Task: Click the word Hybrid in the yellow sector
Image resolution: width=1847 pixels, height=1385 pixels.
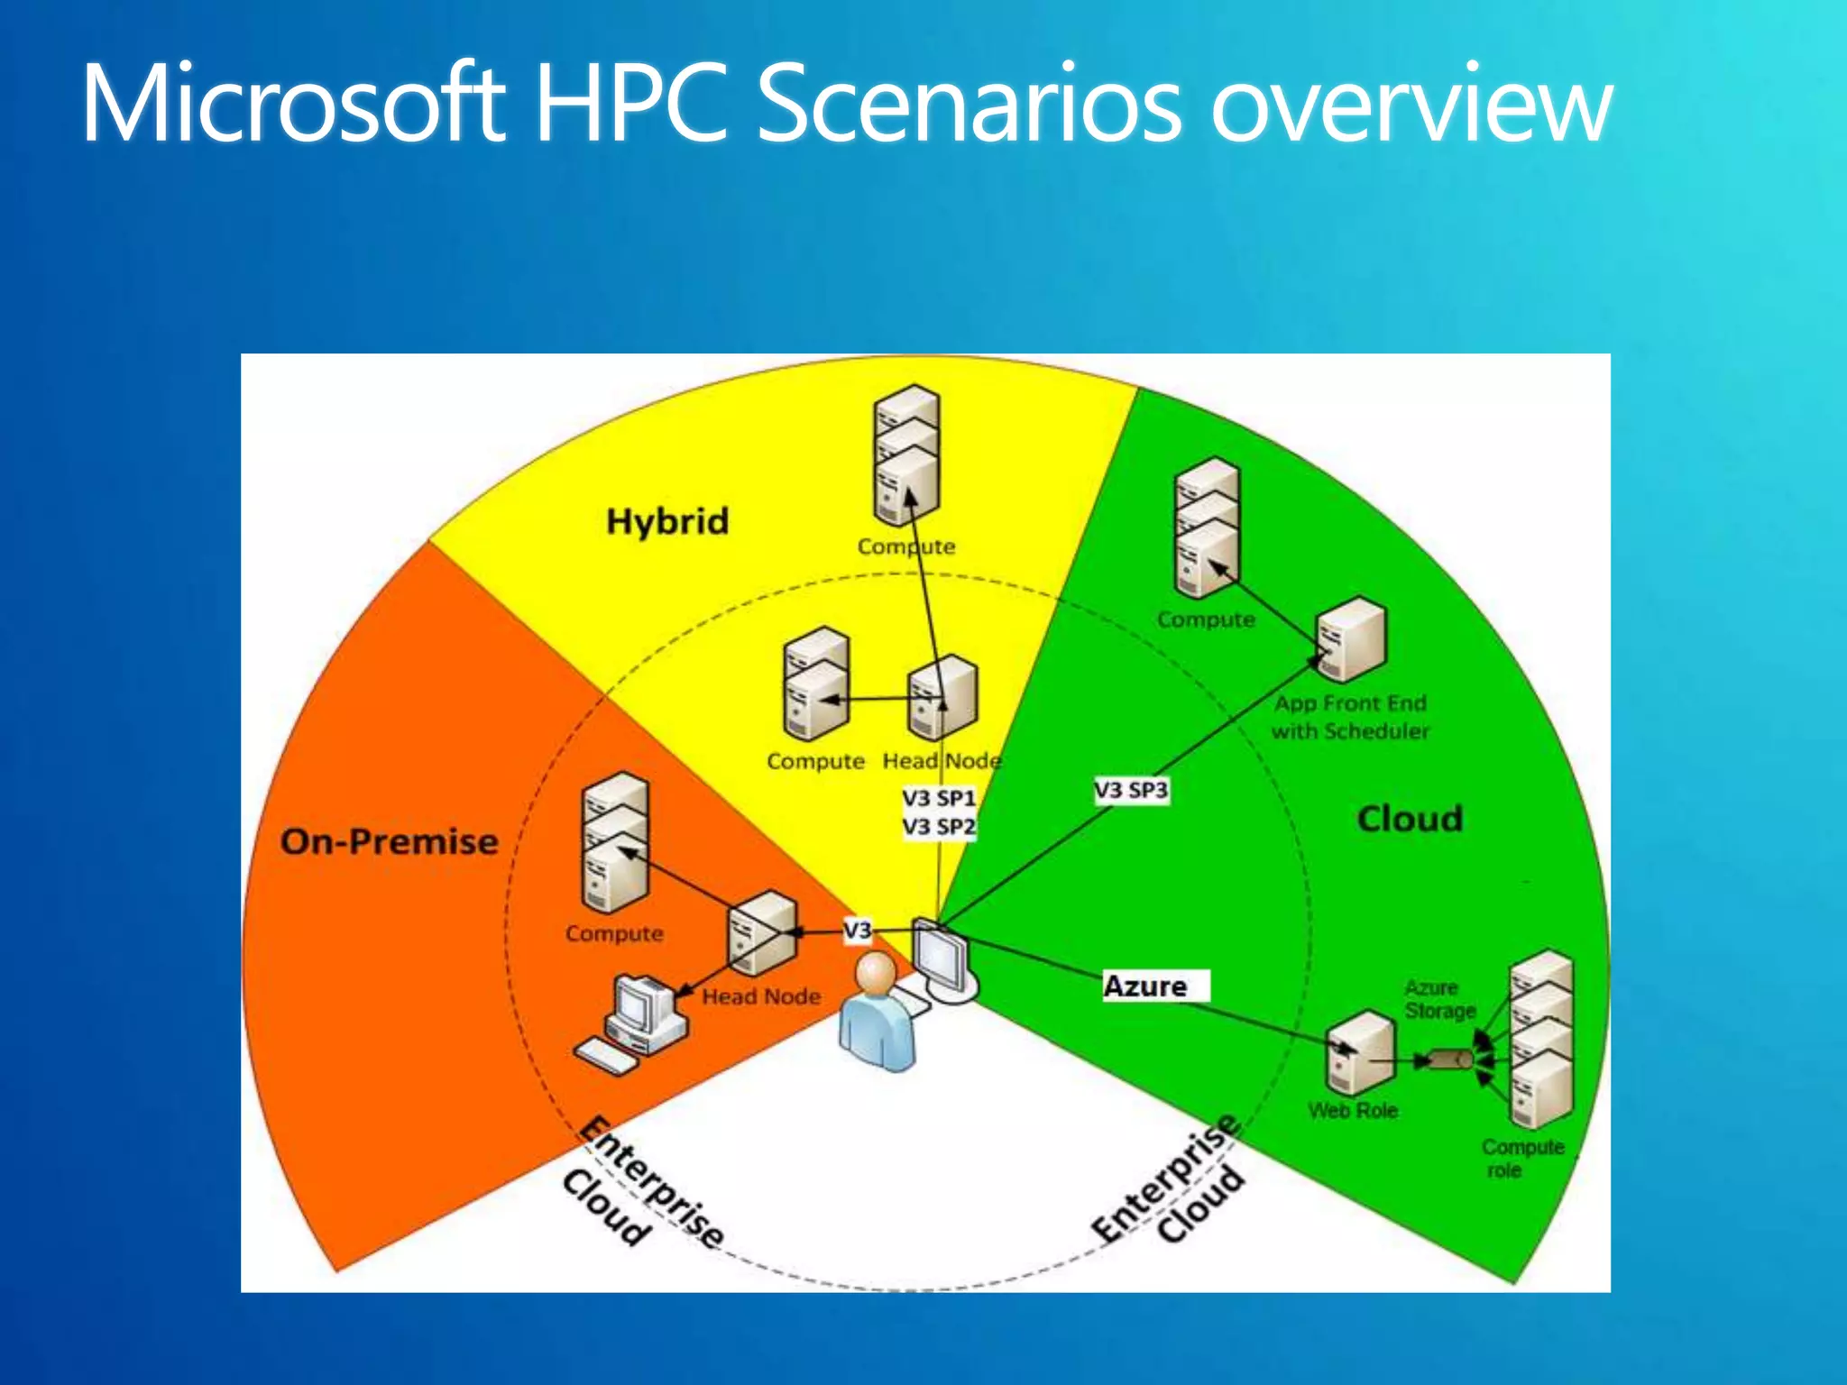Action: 667,522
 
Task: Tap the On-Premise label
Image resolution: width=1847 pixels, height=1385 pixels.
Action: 389,841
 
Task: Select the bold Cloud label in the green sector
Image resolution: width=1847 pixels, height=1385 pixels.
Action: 1410,819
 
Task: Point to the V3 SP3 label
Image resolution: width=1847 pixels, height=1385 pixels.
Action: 1131,790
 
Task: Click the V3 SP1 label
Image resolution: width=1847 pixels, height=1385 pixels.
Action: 939,798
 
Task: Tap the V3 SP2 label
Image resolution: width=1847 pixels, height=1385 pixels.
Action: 939,826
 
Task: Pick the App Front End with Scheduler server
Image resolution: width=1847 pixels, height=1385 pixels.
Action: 1350,639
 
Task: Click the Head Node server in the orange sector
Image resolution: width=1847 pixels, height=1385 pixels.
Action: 761,932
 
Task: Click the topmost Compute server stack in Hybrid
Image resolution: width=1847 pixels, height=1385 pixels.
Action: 906,454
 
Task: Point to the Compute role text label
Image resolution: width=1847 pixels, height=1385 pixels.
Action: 1521,1158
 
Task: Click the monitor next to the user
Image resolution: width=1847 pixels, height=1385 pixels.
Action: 941,959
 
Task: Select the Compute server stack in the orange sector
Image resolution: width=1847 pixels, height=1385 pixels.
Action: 614,843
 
